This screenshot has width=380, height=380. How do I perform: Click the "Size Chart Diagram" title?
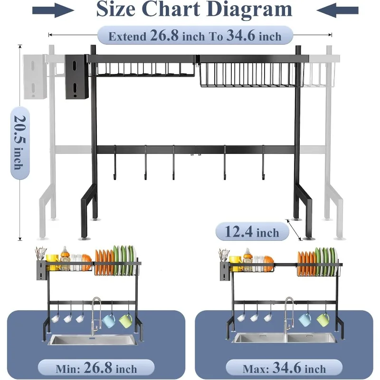click(194, 9)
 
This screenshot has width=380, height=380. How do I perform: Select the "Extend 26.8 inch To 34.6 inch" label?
click(195, 36)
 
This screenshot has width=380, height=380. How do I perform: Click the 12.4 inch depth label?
click(252, 232)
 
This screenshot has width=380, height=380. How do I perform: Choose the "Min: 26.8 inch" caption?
click(96, 368)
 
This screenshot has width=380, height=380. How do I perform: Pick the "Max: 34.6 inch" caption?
click(284, 368)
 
